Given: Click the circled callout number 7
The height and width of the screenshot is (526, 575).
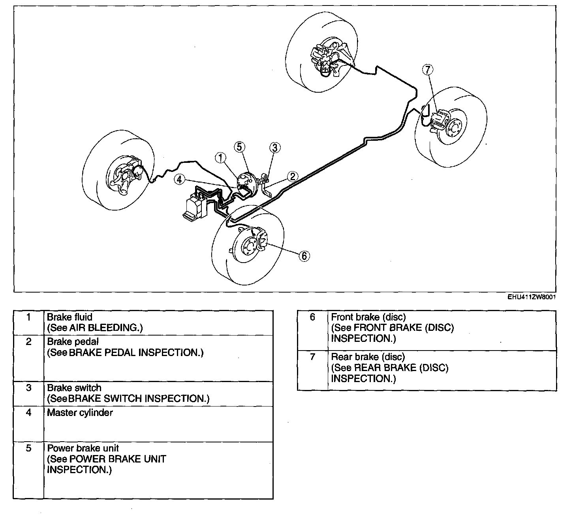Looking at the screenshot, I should coord(428,70).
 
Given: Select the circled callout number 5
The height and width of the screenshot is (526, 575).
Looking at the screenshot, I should coord(239,147).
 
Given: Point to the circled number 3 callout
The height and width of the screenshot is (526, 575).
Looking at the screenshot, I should coord(275,148).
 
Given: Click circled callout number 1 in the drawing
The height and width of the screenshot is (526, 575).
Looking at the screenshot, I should coord(221,158).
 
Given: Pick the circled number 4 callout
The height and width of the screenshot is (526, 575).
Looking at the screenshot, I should coord(180,179).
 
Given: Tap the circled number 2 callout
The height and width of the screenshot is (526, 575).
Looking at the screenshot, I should coord(292,176).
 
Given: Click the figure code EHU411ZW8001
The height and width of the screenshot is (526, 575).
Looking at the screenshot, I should coord(532,298).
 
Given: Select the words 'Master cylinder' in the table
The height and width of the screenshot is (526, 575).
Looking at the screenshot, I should coord(80,413).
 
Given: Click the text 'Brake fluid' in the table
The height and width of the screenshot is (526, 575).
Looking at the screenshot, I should coord(70,317).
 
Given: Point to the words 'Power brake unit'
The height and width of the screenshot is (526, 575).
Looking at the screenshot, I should coord(83,448).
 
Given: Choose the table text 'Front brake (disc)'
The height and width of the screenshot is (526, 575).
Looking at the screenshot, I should coord(368,317).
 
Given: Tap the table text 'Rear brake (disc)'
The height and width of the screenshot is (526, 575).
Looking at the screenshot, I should coord(368,357).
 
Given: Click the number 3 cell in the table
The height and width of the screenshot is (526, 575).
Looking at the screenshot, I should coord(28,388).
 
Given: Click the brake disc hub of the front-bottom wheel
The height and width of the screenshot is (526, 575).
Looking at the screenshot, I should coord(250,247).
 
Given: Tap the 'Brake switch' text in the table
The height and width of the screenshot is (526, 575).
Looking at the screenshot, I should coord(74,388).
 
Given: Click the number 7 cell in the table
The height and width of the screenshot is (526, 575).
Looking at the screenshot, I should coord(312,357).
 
